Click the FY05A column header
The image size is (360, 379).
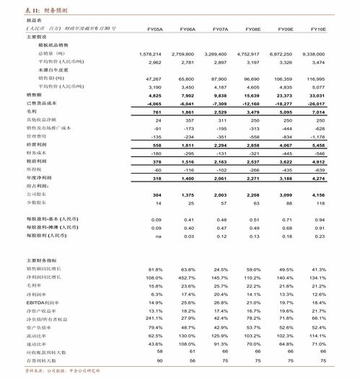tap(155, 29)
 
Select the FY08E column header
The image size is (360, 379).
tap(253, 29)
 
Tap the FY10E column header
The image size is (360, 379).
tap(317, 29)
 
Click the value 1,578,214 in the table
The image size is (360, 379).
tap(149, 54)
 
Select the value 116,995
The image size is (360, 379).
tap(315, 79)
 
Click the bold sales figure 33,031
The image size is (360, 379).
tap(317, 95)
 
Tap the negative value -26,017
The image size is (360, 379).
tap(315, 104)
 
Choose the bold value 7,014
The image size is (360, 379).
tap(318, 112)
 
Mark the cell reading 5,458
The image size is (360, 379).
tap(318, 145)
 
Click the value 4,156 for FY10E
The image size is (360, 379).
tap(318, 195)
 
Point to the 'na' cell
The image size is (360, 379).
tap(157, 236)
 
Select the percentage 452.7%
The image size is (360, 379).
tap(187, 277)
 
